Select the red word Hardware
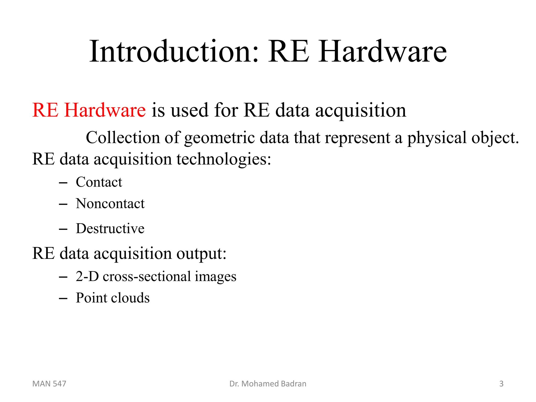point(105,110)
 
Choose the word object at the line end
point(495,138)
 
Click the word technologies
point(224,159)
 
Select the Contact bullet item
point(99,182)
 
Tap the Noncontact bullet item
point(110,204)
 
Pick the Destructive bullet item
point(110,228)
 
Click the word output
point(201,253)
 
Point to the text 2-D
point(87,276)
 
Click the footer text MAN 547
point(49,384)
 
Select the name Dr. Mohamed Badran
point(268,384)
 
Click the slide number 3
point(501,384)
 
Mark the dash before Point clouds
point(63,298)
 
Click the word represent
point(358,138)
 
